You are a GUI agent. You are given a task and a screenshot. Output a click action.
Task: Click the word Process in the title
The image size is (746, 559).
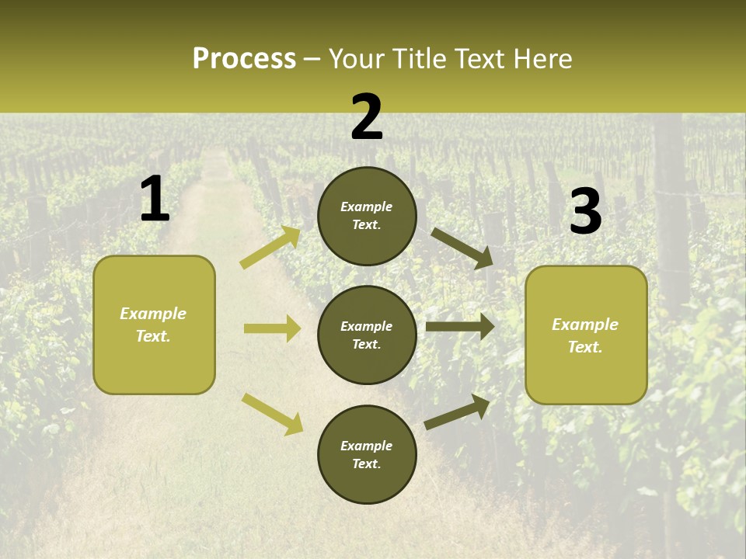click(244, 59)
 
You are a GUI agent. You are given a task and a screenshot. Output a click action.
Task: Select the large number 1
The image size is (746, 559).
click(155, 200)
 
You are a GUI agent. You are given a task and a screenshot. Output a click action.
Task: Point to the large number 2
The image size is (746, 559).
click(367, 117)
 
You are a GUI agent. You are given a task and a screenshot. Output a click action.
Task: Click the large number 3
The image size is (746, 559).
click(585, 212)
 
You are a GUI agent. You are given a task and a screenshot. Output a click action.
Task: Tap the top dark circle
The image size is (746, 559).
click(367, 216)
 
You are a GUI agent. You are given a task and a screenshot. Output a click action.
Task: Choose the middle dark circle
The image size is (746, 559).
click(367, 335)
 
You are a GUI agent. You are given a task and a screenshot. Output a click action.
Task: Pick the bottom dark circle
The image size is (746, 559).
click(367, 454)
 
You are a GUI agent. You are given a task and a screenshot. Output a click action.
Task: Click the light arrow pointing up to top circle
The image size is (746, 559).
click(271, 247)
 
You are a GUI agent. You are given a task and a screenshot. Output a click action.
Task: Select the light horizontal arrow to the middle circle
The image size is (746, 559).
click(272, 328)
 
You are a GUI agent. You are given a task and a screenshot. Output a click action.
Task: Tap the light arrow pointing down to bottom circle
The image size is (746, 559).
click(273, 414)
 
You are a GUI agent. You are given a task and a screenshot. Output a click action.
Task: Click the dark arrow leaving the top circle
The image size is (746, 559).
click(462, 248)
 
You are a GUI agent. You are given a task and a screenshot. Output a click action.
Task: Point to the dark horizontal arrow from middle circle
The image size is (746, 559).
click(460, 326)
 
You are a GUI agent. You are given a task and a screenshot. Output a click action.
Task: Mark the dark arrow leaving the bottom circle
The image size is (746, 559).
click(458, 411)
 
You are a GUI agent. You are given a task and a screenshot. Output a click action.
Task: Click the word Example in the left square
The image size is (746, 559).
click(153, 314)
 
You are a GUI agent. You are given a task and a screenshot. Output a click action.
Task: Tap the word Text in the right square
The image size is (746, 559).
click(585, 347)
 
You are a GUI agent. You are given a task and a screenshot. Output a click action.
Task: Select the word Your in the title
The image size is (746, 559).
click(355, 59)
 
